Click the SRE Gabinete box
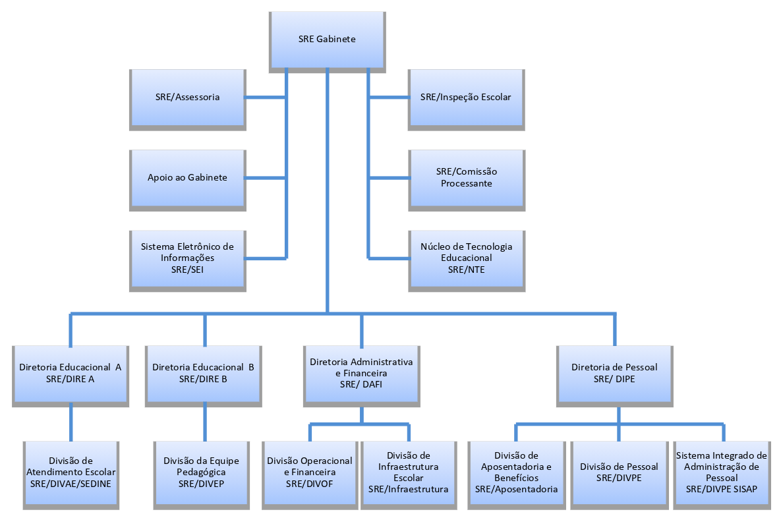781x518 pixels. [327, 40]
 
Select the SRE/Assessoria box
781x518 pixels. [188, 98]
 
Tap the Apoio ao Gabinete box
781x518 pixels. [188, 178]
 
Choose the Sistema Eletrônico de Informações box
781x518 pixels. [188, 258]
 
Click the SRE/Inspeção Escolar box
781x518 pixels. [466, 98]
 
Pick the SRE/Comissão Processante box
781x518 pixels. [466, 178]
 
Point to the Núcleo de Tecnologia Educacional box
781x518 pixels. [466, 258]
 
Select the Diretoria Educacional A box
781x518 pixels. [71, 373]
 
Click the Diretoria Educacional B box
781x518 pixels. [203, 373]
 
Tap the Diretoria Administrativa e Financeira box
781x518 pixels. [361, 373]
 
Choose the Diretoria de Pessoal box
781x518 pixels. [614, 373]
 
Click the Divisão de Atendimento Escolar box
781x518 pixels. [71, 472]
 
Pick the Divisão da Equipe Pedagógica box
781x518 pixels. [202, 472]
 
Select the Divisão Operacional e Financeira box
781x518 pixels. [310, 472]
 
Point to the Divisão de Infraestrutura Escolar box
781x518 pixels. [409, 472]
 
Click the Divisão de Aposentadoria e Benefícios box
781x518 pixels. [516, 472]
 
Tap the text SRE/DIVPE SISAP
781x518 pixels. [722, 489]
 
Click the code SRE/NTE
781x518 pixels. [466, 270]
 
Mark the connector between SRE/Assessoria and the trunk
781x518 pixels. [266, 98]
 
